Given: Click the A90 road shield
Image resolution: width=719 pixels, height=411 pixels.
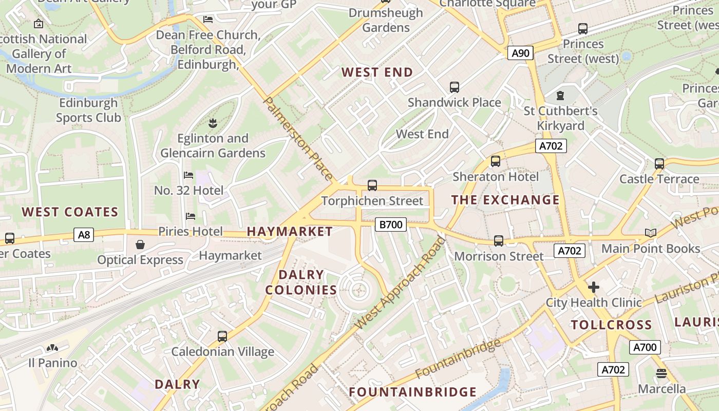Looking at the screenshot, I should pyautogui.click(x=521, y=53).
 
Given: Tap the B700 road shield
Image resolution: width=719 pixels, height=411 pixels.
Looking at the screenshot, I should pyautogui.click(x=390, y=225).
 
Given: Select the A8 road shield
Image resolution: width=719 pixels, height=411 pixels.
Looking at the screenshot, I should pyautogui.click(x=84, y=235).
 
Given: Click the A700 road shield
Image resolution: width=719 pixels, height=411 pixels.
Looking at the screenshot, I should pyautogui.click(x=645, y=347).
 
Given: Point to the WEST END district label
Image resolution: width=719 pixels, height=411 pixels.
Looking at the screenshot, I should pyautogui.click(x=377, y=72).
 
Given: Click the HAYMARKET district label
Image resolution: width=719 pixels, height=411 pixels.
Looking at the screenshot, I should pyautogui.click(x=290, y=232).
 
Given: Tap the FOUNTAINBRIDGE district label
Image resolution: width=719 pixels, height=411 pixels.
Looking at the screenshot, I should pyautogui.click(x=413, y=392).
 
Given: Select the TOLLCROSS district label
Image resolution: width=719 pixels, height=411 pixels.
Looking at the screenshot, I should pyautogui.click(x=611, y=325).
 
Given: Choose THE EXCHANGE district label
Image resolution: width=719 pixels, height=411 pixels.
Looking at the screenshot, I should pyautogui.click(x=505, y=200).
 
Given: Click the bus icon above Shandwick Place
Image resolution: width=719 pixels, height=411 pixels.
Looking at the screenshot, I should pyautogui.click(x=455, y=87).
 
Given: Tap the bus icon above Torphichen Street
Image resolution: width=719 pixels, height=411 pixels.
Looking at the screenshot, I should pyautogui.click(x=372, y=185).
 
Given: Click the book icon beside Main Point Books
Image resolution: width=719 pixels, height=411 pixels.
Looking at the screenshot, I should pyautogui.click(x=651, y=233).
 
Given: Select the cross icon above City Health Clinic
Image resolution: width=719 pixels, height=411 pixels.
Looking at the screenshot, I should pyautogui.click(x=594, y=287).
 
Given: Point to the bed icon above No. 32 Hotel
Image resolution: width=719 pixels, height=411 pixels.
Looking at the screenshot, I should pyautogui.click(x=188, y=175).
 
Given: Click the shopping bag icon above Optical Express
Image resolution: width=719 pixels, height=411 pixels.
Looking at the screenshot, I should pyautogui.click(x=140, y=245).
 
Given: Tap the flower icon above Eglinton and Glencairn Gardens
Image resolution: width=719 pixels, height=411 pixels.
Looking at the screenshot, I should pyautogui.click(x=212, y=123).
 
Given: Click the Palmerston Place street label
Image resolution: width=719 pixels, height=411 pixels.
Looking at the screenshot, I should pyautogui.click(x=298, y=139).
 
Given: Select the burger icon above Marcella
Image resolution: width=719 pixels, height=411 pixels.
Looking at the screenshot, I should pyautogui.click(x=661, y=373).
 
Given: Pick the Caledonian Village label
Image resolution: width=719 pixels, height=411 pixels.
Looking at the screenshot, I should pyautogui.click(x=222, y=352).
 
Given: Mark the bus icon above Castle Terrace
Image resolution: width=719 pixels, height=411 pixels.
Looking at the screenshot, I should pyautogui.click(x=659, y=164).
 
